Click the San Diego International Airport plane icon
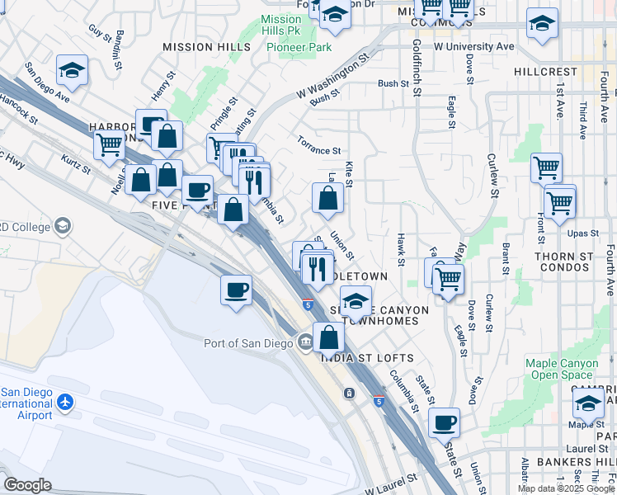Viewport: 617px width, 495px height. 65,403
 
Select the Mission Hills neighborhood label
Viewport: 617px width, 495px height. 206,48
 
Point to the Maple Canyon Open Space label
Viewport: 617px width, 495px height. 565,369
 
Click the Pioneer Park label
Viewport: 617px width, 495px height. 299,48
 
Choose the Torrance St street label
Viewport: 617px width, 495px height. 319,150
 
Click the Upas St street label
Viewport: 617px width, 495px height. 582,233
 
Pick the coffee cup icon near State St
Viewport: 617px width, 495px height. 444,422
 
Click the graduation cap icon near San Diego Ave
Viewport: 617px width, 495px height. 72,70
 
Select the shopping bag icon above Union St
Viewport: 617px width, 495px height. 327,198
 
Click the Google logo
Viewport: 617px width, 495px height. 27,485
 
